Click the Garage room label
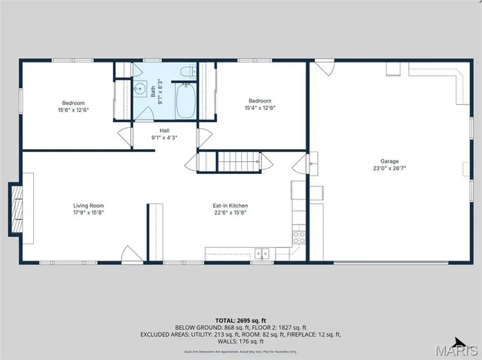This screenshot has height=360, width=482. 389,161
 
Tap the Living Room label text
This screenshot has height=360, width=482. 88,206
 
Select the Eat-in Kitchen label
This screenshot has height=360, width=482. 230,206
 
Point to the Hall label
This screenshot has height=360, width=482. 164,130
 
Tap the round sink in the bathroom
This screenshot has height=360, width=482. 140,89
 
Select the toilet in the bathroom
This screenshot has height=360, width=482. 189,72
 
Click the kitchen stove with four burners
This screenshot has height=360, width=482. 299,236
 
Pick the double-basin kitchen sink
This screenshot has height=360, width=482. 262,253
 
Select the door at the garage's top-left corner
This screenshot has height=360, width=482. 324,68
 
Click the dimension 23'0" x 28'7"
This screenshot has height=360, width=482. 389,169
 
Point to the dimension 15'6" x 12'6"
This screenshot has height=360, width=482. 73,110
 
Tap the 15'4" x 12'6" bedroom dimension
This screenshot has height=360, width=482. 260,108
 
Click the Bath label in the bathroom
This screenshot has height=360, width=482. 153,90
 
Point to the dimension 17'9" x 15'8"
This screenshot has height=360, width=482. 88,213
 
